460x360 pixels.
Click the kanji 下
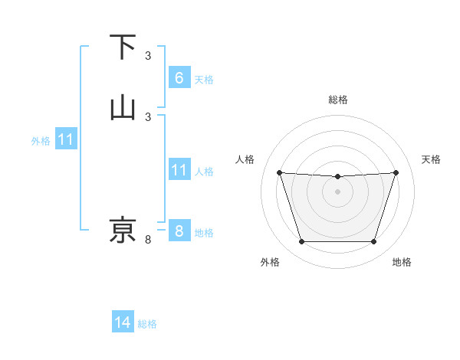click(123, 47)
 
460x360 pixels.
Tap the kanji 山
click(123, 108)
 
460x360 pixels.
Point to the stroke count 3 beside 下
click(148, 55)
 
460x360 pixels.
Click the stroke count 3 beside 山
click(148, 116)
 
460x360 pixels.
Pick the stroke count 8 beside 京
click(148, 240)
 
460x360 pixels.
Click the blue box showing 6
click(179, 78)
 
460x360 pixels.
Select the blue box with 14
click(123, 323)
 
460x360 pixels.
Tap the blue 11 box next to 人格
click(179, 170)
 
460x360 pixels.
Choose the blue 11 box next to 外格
click(66, 140)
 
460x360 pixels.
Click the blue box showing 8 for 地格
click(179, 231)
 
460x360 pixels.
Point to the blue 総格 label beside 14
click(147, 324)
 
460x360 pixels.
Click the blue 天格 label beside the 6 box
click(203, 79)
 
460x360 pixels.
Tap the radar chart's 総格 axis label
click(337, 100)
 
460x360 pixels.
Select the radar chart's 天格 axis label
click(431, 159)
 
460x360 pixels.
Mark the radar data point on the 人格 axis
click(279, 172)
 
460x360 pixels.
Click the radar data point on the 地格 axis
click(373, 242)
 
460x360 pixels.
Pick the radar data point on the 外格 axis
click(301, 242)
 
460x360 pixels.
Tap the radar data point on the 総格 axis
click(337, 177)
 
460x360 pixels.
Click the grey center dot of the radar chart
click(337, 191)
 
